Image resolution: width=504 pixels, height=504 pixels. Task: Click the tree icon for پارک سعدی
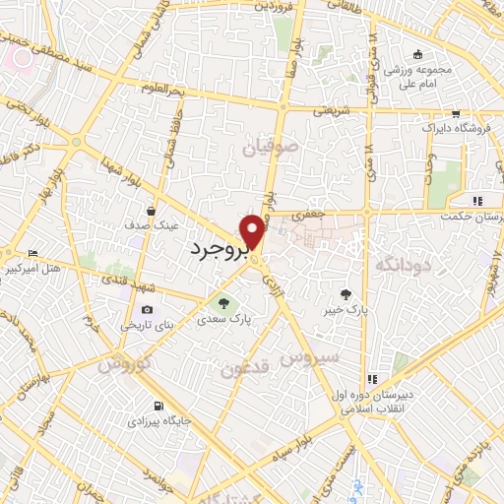coord(222,302)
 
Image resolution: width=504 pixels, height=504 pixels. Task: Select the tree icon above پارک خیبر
coord(346,293)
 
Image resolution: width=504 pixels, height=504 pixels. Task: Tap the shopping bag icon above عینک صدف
coord(152,210)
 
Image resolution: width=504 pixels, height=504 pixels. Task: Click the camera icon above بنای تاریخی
coord(148,309)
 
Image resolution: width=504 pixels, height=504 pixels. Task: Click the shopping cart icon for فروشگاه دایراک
coord(454,113)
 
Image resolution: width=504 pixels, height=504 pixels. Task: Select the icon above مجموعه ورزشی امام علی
coord(417,55)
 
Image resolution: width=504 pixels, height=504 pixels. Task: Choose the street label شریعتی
coord(333,111)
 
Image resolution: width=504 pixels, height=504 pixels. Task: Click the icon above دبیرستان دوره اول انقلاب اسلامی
coord(372,380)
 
